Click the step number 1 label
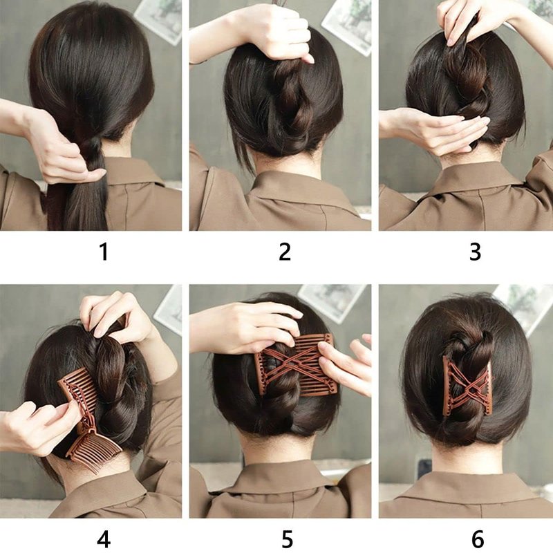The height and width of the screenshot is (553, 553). click(x=104, y=252)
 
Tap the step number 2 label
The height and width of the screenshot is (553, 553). click(x=285, y=252)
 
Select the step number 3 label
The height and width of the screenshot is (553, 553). click(x=476, y=252)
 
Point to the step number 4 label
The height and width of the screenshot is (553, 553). click(x=103, y=539)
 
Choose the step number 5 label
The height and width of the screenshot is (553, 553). click(x=287, y=539)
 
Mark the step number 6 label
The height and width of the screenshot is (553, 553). click(x=478, y=539)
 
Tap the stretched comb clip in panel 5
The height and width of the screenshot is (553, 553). click(x=297, y=365)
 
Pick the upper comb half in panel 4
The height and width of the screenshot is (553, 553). click(x=79, y=391)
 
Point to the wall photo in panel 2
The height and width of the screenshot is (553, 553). click(x=348, y=25)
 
